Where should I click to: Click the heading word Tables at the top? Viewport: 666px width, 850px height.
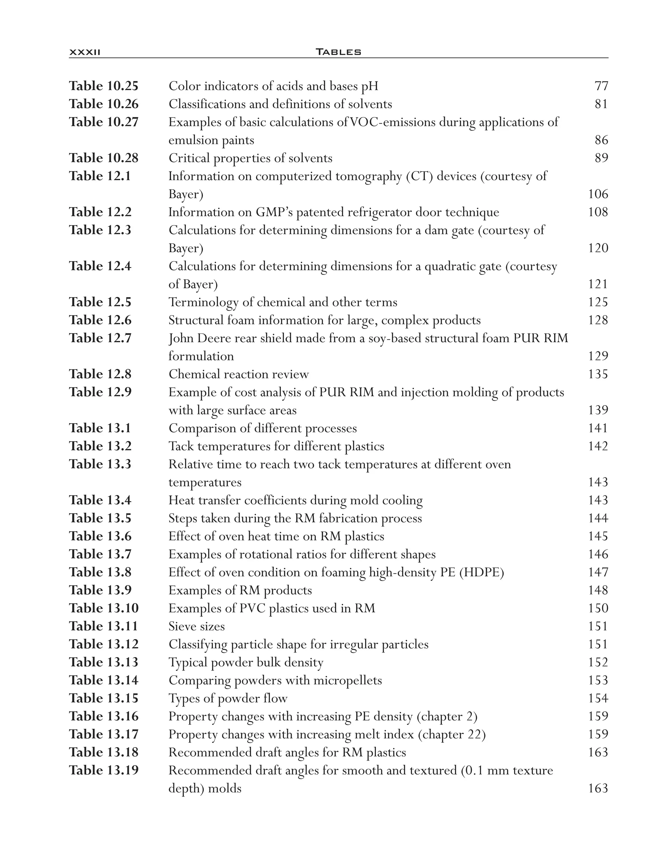(338, 52)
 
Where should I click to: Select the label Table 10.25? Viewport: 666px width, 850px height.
(104, 86)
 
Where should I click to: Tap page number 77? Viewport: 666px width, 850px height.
(601, 86)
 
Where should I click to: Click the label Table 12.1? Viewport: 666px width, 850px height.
(100, 176)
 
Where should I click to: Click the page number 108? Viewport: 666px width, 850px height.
(598, 212)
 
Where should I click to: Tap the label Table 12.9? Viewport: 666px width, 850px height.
(100, 392)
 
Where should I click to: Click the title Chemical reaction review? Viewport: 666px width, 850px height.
(239, 374)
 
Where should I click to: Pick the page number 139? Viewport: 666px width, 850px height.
(598, 410)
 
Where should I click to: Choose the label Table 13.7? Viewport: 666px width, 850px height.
(100, 554)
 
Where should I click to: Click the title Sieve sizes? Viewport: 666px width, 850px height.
(196, 626)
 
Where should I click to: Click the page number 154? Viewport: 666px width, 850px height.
(598, 698)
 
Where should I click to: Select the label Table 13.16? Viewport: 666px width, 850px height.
(104, 716)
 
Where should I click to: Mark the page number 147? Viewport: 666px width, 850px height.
(598, 572)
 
